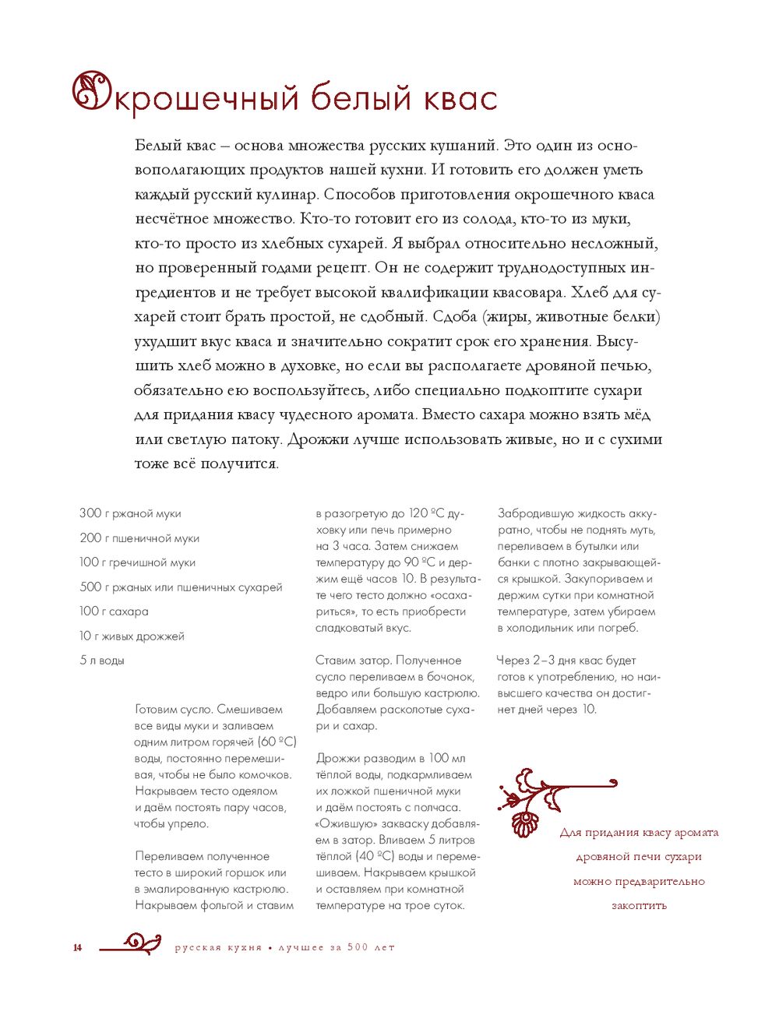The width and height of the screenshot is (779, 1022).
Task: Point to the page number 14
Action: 77,948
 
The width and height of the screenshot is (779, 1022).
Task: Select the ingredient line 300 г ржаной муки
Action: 130,513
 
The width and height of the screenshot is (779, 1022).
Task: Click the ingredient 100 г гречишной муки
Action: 137,562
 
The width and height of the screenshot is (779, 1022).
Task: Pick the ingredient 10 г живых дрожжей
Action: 132,636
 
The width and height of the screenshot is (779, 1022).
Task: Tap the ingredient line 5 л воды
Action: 102,661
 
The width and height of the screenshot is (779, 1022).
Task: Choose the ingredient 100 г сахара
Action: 114,611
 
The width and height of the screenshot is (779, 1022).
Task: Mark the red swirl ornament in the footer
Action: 132,944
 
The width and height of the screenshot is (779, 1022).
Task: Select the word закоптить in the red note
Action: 639,906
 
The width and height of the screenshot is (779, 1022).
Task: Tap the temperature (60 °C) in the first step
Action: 277,742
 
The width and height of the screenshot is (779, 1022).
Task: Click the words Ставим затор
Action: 352,661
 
